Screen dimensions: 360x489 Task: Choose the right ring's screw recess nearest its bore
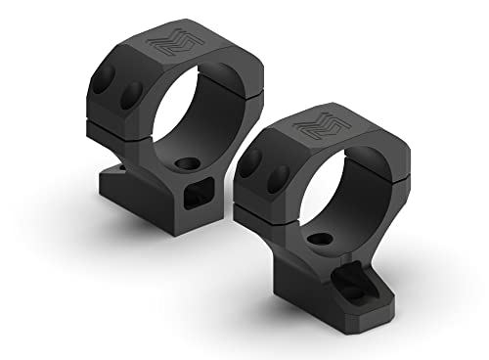coord(277,177)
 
